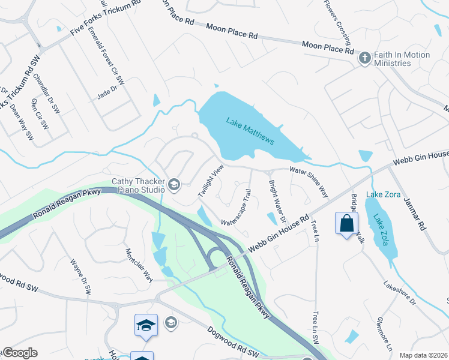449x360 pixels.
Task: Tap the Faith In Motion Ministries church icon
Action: [364, 58]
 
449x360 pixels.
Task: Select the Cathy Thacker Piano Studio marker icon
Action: [174, 184]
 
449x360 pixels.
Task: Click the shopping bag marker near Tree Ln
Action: [347, 224]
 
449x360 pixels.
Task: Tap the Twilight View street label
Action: [211, 181]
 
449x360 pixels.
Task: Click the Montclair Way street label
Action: [139, 264]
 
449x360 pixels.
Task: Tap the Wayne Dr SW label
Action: [80, 276]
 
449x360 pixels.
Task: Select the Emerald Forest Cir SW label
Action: [105, 55]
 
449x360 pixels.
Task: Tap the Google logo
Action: [20, 353]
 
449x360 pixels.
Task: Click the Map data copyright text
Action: [424, 355]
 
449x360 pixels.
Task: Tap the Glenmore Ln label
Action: [384, 334]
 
